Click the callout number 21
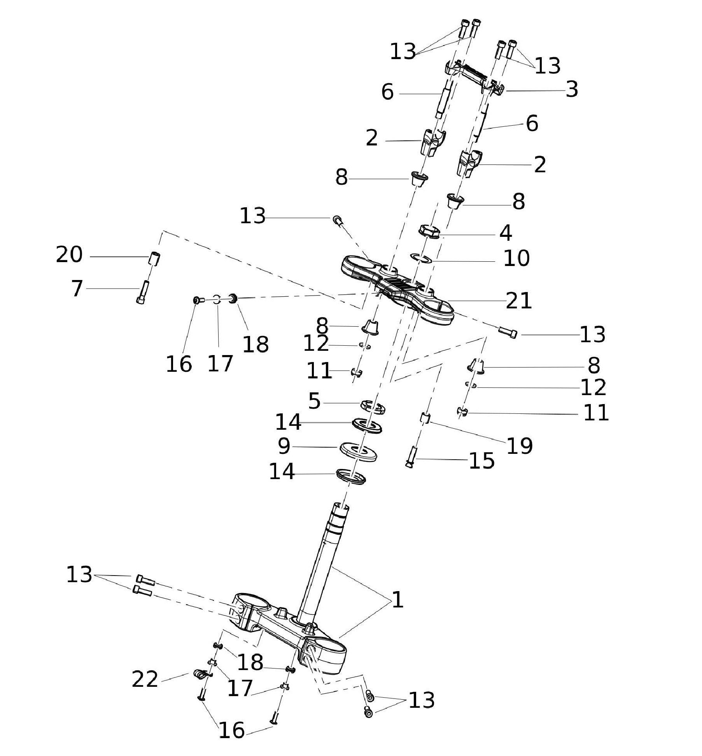(x=518, y=301)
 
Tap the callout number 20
(x=69, y=255)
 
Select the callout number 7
(x=77, y=289)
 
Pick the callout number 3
(x=572, y=89)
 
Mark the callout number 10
(x=516, y=258)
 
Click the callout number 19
(x=520, y=446)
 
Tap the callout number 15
(x=481, y=461)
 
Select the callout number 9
(x=284, y=446)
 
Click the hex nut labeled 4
(x=429, y=231)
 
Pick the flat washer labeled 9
(x=358, y=451)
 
